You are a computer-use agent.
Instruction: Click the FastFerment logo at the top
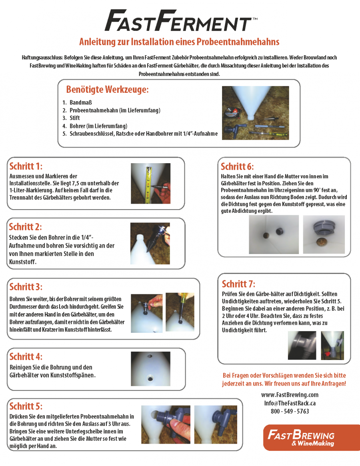point(179,21)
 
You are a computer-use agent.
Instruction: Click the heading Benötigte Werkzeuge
point(107,89)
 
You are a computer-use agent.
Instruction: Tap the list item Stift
point(74,118)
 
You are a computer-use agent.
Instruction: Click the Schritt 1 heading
point(26,166)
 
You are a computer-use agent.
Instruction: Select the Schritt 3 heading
point(26,287)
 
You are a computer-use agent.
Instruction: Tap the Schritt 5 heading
point(26,406)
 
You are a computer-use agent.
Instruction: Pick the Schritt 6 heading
point(237,166)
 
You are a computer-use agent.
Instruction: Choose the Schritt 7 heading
point(238,284)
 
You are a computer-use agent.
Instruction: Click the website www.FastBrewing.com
point(290,395)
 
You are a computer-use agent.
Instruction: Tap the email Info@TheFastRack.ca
point(290,403)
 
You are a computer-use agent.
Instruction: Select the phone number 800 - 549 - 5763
point(290,411)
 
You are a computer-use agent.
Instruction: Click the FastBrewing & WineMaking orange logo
point(311,437)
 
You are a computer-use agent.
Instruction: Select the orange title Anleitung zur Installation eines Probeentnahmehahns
point(179,42)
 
